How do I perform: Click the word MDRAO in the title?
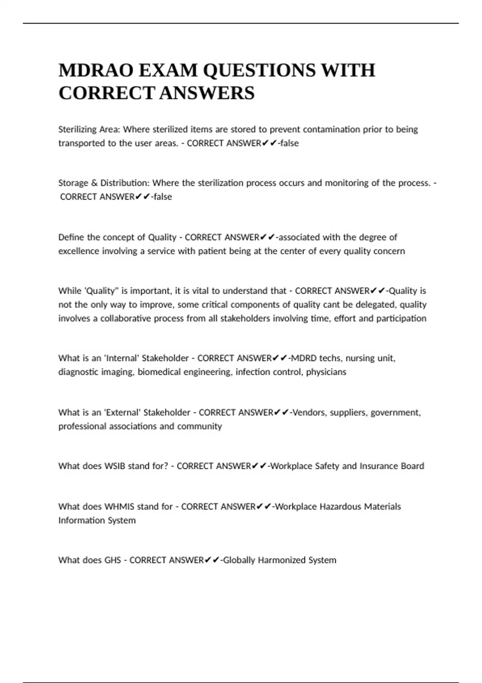[x=96, y=70]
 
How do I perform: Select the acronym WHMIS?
[x=119, y=507]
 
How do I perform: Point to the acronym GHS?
[x=112, y=560]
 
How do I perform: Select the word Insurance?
[x=377, y=466]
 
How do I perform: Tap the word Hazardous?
[x=341, y=507]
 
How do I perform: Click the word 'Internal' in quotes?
[x=121, y=358]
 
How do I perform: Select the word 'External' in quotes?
[x=122, y=413]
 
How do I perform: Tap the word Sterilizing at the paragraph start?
[x=78, y=129]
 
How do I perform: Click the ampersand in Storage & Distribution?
[x=95, y=183]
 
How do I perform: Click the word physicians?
[x=326, y=372]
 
